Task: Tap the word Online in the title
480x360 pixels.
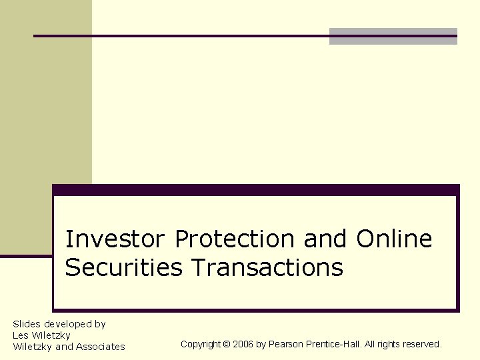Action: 394,239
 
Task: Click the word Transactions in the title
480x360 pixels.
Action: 267,268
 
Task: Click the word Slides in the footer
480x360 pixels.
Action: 27,324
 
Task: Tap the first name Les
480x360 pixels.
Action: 21,335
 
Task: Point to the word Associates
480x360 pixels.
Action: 100,347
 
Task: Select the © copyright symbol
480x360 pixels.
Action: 226,345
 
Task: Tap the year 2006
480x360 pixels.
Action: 243,345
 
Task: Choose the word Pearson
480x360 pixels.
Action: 285,345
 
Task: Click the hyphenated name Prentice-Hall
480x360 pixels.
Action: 331,345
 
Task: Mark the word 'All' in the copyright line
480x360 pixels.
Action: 370,345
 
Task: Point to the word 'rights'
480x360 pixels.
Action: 390,345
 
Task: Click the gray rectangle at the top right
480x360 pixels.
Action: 393,36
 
